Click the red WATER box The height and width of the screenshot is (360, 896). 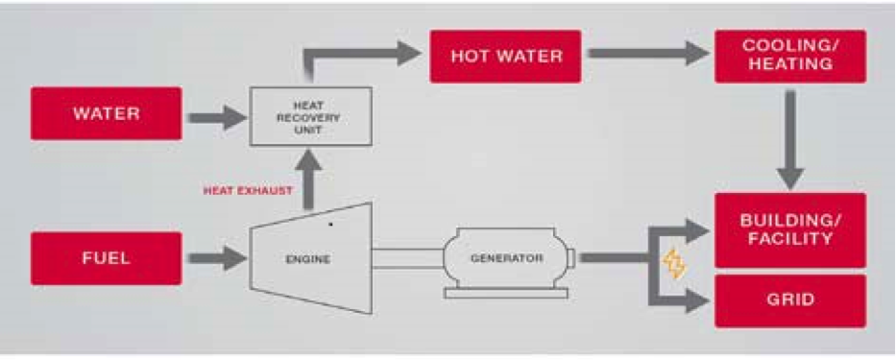point(106,114)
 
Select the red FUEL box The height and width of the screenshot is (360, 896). point(106,258)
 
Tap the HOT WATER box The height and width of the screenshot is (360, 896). point(506,56)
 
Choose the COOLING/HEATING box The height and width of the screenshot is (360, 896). point(789,56)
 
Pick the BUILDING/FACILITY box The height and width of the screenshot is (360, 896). point(789,230)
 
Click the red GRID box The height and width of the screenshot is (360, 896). point(789,300)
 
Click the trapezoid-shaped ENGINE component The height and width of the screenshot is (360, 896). point(307,259)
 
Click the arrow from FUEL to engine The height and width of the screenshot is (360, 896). point(216,257)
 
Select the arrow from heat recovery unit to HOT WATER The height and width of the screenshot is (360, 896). point(365,56)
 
